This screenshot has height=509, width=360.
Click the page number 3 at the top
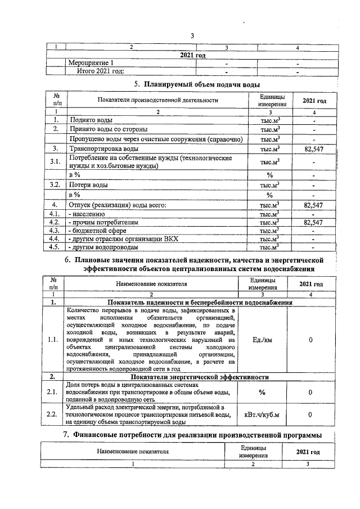click(x=192, y=36)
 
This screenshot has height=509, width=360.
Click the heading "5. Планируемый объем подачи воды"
click(x=196, y=84)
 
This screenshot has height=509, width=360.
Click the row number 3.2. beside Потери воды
click(x=55, y=184)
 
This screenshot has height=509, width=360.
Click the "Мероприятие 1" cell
click(x=91, y=62)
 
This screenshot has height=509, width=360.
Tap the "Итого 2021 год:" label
click(x=101, y=71)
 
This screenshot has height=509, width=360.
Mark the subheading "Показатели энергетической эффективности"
click(x=199, y=377)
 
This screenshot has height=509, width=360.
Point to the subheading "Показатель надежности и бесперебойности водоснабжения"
click(x=199, y=303)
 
